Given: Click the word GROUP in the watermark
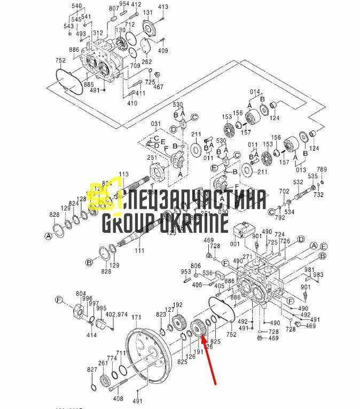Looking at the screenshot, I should point(129,221).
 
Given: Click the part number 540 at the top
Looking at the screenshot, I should point(77,6).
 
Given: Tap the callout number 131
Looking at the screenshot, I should point(148,13).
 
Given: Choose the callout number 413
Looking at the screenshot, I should point(163,7).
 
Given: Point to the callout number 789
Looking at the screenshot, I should point(322,170).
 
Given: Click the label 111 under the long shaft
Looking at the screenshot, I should point(139,250).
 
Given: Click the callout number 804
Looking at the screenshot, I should point(81,293).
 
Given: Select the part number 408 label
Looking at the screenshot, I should point(119,398).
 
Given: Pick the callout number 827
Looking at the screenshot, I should point(93,369).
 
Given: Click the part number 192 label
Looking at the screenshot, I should point(177,305).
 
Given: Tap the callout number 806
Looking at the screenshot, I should point(195,265).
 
